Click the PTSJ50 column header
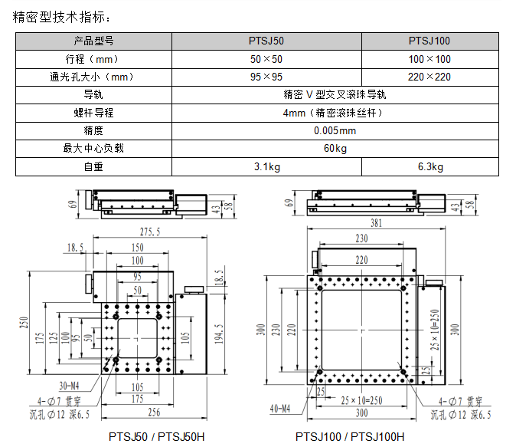click(x=266, y=41)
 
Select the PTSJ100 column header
click(x=429, y=41)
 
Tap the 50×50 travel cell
click(x=266, y=59)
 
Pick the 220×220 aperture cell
click(x=429, y=77)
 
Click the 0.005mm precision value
click(x=335, y=130)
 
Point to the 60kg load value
click(x=335, y=148)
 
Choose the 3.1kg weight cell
click(x=266, y=166)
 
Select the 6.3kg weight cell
click(x=429, y=166)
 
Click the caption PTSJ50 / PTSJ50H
click(x=157, y=437)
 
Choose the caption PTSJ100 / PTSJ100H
click(x=351, y=437)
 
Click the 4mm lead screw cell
click(x=335, y=113)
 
